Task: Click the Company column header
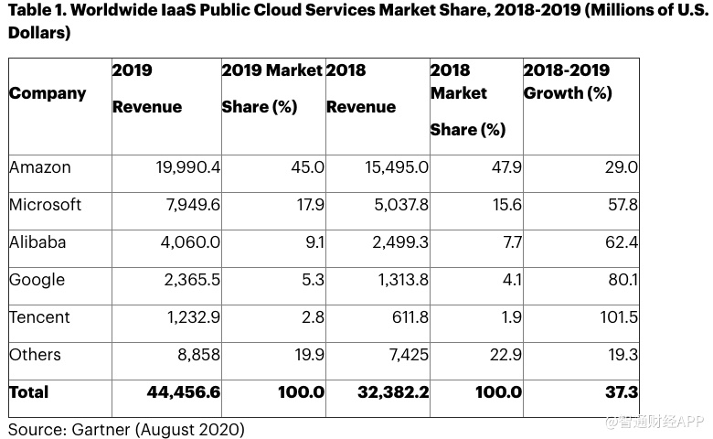coord(48,93)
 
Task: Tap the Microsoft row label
coord(45,205)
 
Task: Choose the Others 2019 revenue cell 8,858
coord(195,355)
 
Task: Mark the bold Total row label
coord(29,392)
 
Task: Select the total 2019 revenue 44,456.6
coord(184,392)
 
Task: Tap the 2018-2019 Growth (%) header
coord(567,81)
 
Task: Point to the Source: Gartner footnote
coord(126,428)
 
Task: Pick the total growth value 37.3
coord(620,392)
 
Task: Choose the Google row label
coord(37,280)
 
